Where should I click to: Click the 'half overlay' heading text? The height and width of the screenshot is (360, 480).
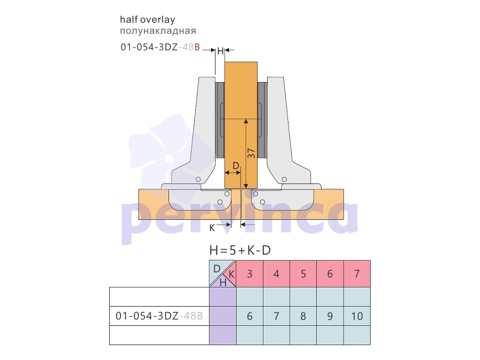tap(148, 20)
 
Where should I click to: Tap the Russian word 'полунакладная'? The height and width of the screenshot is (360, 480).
tap(158, 31)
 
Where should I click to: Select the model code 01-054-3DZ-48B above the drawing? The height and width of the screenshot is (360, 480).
tap(160, 47)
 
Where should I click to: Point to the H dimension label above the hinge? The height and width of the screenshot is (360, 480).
tap(220, 51)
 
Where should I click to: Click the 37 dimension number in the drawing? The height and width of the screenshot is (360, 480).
tap(251, 154)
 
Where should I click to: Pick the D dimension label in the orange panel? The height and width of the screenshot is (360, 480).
tap(236, 166)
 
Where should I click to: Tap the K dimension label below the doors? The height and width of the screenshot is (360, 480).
tap(212, 228)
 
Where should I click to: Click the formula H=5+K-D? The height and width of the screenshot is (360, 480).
tap(241, 251)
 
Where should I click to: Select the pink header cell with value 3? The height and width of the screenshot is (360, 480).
tap(250, 274)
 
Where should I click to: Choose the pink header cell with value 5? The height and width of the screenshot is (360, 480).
tap(303, 274)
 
